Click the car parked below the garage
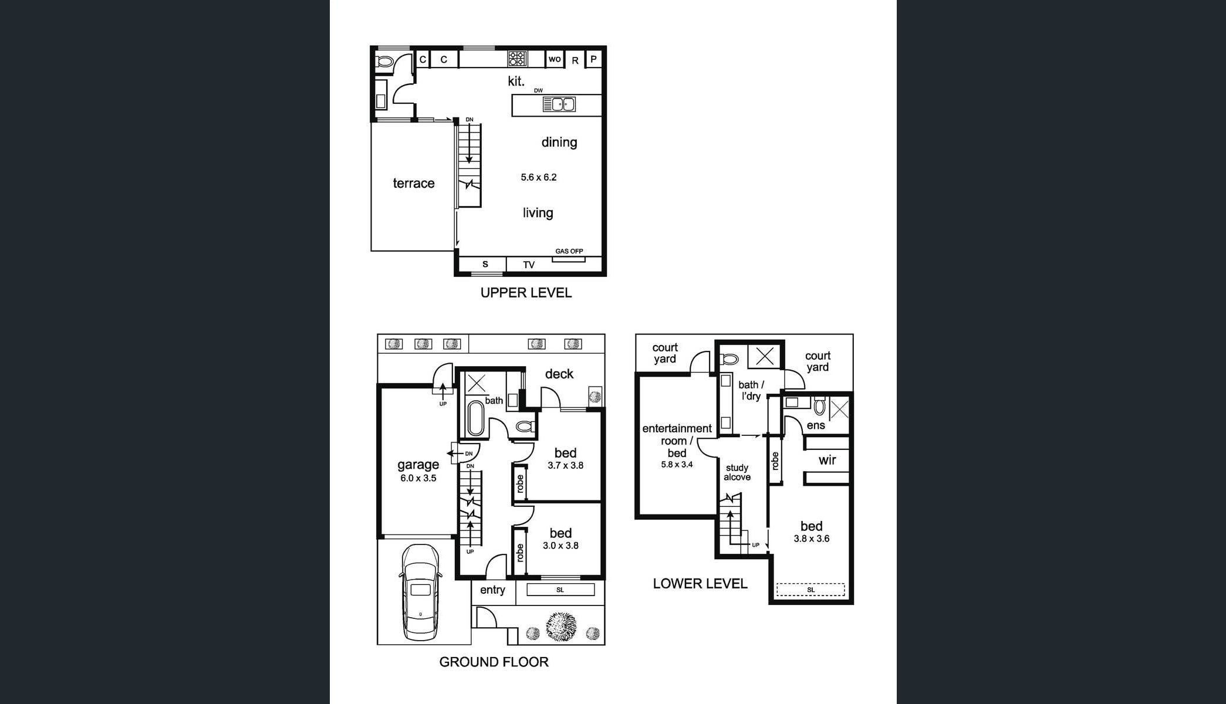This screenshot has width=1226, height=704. pos(420,592)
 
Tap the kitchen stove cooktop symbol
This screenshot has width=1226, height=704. pos(517,58)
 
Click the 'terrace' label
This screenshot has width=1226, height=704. pos(414,183)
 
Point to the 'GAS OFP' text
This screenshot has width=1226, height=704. pos(569,251)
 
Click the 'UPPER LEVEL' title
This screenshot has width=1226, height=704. pos(526,293)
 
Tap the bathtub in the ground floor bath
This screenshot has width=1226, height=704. pos(475,417)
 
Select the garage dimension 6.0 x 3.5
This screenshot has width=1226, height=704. pos(418,478)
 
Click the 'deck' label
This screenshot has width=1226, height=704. pos(559,374)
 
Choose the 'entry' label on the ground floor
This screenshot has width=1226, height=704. pos(492,590)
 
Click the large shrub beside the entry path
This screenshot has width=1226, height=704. pos(562,627)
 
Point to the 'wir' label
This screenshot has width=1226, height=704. pos(828,460)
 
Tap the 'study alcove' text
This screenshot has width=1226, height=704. pos(737,472)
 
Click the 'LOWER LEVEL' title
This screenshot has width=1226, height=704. pos(700,584)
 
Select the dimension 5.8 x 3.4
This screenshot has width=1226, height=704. pos(677,465)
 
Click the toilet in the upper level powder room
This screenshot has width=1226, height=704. pos(385,61)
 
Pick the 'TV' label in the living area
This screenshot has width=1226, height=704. pos(529,265)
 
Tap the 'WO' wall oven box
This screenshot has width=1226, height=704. pos(555,59)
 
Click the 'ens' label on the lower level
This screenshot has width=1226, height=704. pos(816,425)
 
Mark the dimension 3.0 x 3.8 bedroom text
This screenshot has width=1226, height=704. pos(560,546)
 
